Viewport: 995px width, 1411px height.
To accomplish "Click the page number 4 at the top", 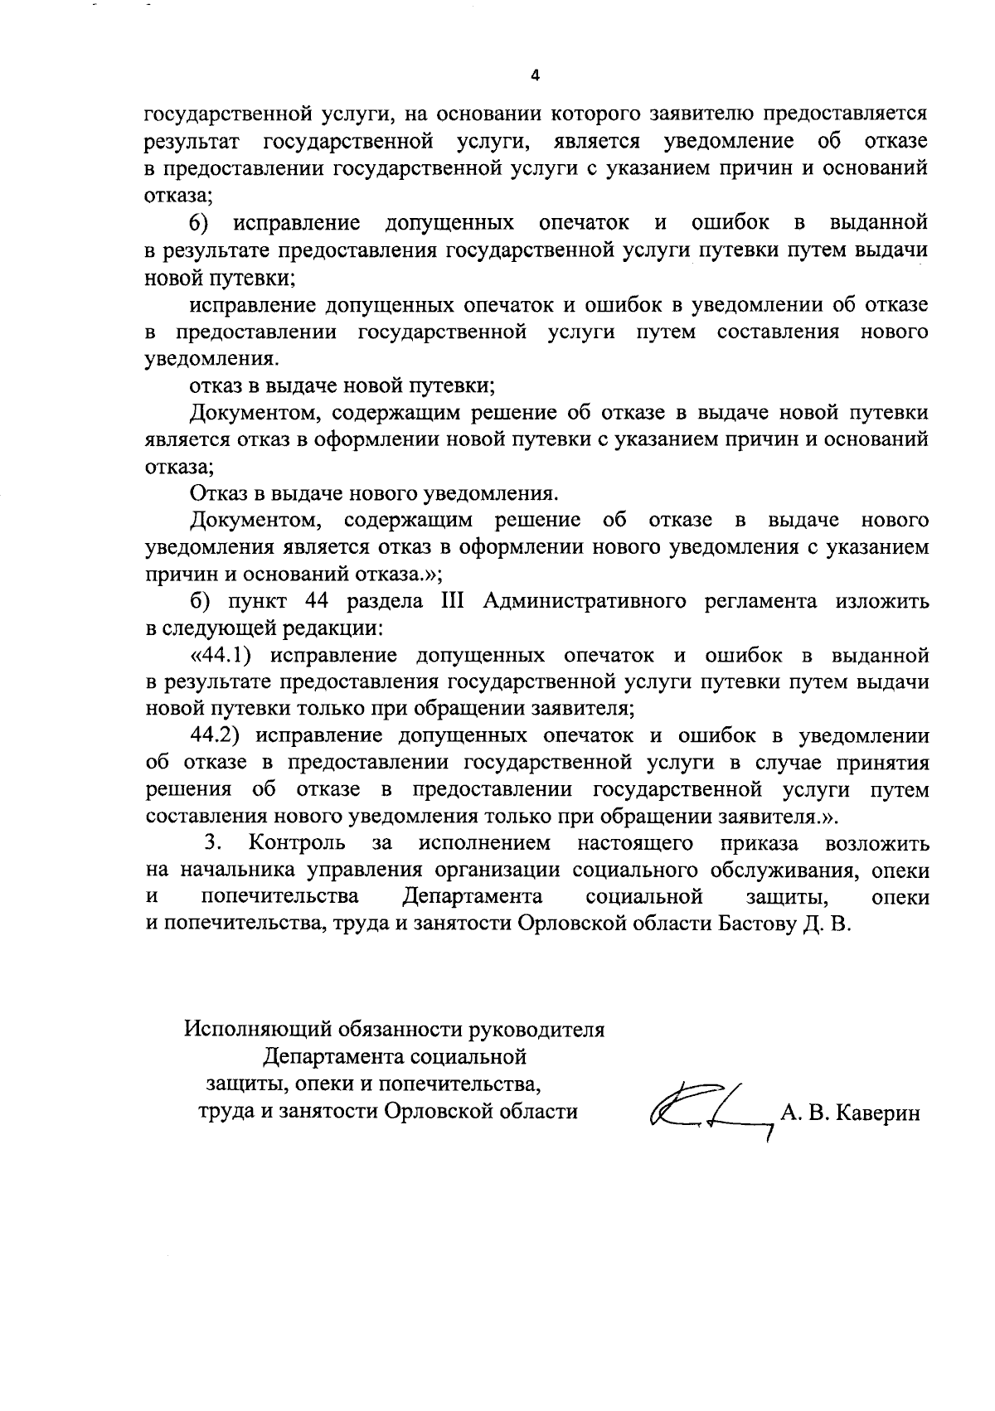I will pos(535,75).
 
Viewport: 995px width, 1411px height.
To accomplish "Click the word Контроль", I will pos(296,843).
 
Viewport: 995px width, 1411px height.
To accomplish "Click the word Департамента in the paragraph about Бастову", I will pos(473,897).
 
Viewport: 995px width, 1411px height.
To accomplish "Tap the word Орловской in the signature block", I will pos(433,1111).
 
